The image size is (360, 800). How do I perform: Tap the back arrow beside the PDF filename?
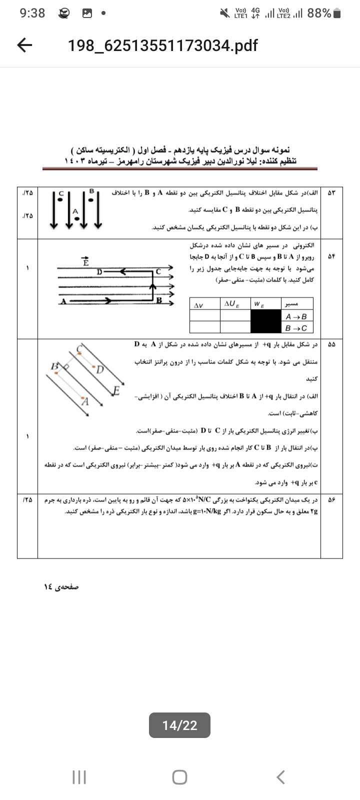tap(24, 45)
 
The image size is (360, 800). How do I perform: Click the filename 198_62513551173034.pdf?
tap(162, 46)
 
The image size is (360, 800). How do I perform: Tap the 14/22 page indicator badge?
tap(179, 725)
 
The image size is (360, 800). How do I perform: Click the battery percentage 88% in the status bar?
tap(319, 13)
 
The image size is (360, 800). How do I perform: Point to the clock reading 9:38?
tap(32, 13)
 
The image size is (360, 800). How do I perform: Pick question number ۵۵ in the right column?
tap(331, 344)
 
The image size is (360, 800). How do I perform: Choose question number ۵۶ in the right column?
tap(331, 499)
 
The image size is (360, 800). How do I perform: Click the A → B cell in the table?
tap(296, 316)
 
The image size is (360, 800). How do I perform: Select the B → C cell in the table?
tap(296, 328)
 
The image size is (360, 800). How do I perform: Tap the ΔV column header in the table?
tap(198, 304)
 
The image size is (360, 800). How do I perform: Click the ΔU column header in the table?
tap(232, 303)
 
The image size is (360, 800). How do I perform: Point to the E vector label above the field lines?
tap(85, 261)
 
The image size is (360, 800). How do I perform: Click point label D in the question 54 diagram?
tap(99, 271)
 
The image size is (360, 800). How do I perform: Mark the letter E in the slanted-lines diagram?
tap(116, 390)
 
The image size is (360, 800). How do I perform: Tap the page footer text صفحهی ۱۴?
tap(61, 586)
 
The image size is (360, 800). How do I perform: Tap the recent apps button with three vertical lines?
tap(79, 776)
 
